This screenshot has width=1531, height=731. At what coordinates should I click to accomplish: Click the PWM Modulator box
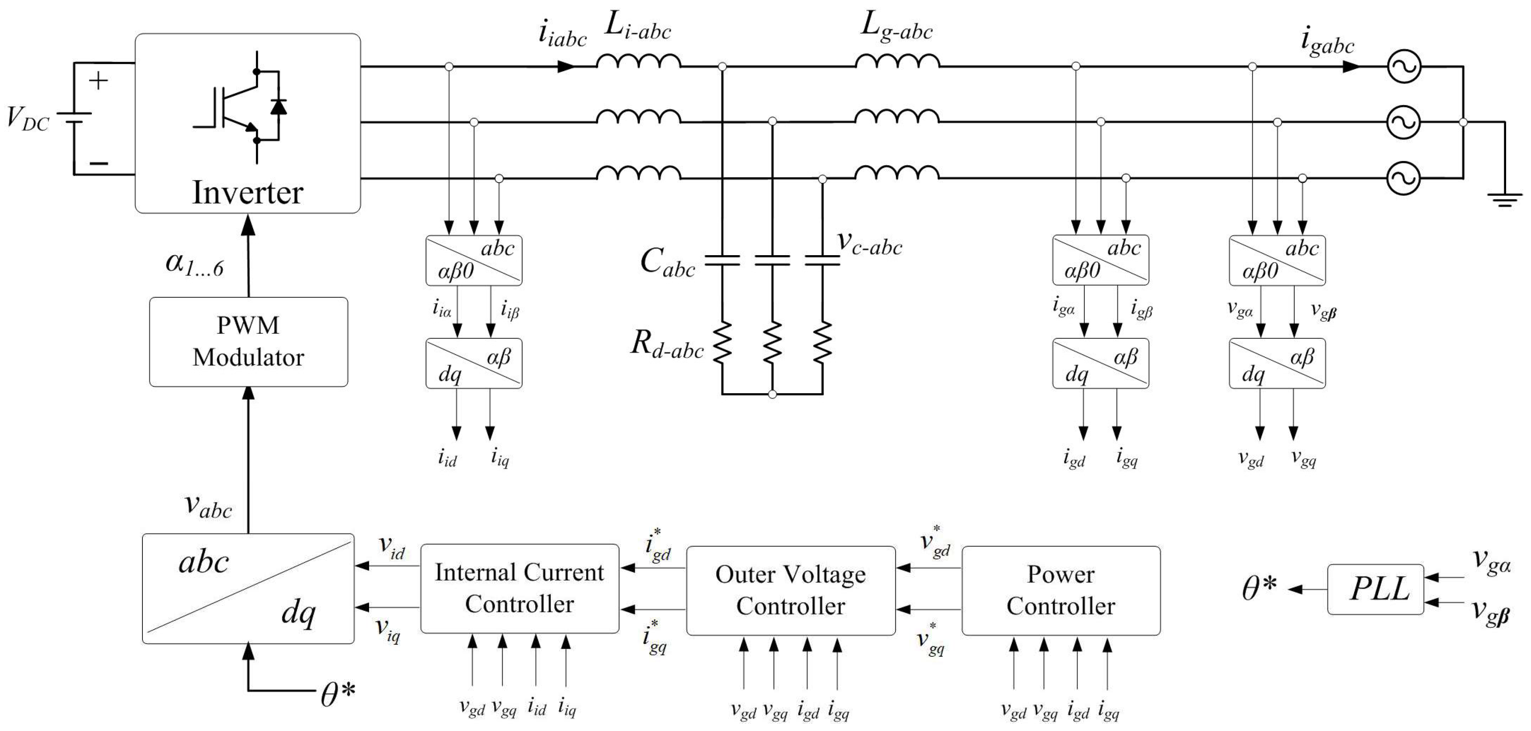(248, 342)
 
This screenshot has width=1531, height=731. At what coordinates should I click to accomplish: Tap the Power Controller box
(1060, 590)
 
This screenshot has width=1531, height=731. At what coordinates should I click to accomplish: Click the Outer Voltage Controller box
(790, 590)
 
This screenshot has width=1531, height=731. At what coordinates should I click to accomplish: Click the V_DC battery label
(27, 118)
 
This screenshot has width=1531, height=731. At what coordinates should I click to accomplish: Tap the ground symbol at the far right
(1504, 199)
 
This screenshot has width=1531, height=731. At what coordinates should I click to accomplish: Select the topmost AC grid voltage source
(1404, 67)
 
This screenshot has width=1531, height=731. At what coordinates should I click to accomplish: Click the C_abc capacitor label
(667, 262)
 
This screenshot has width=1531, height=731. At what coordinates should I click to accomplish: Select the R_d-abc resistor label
(667, 345)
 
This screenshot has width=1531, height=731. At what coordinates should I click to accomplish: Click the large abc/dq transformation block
(248, 588)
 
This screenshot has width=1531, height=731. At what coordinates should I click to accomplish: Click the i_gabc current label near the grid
(1327, 42)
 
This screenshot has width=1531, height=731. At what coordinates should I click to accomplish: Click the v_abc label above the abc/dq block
(208, 506)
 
